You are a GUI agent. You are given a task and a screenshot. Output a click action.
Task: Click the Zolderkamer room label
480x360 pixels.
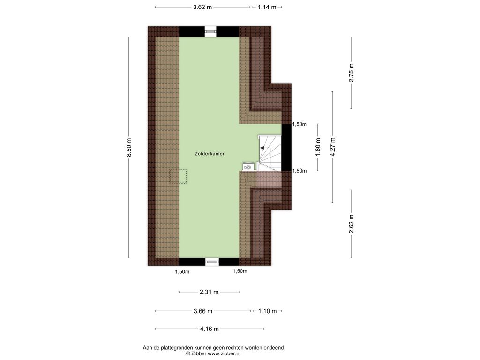pyautogui.click(x=210, y=154)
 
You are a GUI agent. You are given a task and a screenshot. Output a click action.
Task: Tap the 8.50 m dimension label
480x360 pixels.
pyautogui.click(x=129, y=147)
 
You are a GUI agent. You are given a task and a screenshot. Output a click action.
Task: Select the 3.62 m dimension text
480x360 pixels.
pyautogui.click(x=202, y=7)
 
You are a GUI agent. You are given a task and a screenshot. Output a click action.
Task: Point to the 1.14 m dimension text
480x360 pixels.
pyautogui.click(x=267, y=7)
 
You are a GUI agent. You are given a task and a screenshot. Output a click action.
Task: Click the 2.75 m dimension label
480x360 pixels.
pyautogui.click(x=352, y=73)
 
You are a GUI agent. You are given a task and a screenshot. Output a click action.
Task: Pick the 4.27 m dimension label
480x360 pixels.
pyautogui.click(x=333, y=147)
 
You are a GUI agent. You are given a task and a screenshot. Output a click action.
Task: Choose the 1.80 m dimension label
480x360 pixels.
pyautogui.click(x=318, y=147)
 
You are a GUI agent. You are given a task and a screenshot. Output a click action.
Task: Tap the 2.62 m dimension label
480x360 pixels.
pyautogui.click(x=352, y=224)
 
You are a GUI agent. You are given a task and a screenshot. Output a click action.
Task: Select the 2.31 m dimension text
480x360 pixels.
pyautogui.click(x=209, y=292)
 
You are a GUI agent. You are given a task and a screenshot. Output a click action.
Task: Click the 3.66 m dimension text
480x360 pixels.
pyautogui.click(x=203, y=311)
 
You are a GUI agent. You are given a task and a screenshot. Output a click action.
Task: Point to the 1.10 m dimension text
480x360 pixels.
pyautogui.click(x=267, y=311)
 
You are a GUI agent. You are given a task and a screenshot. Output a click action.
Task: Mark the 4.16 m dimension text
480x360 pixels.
pyautogui.click(x=210, y=329)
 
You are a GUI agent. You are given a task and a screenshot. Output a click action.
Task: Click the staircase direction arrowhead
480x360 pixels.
pyautogui.click(x=262, y=148)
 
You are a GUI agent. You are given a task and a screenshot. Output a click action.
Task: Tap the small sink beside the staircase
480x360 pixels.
pyautogui.click(x=247, y=167)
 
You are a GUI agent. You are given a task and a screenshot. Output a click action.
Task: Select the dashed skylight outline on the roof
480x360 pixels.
pyautogui.click(x=179, y=176)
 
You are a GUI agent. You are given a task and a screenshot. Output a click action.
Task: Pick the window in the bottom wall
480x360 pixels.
pyautogui.click(x=212, y=262)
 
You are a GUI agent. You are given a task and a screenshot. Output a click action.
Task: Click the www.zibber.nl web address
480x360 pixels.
pyautogui.click(x=224, y=353)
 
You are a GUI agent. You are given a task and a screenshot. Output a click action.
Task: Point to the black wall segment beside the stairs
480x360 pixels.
pyautogui.click(x=286, y=147)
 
